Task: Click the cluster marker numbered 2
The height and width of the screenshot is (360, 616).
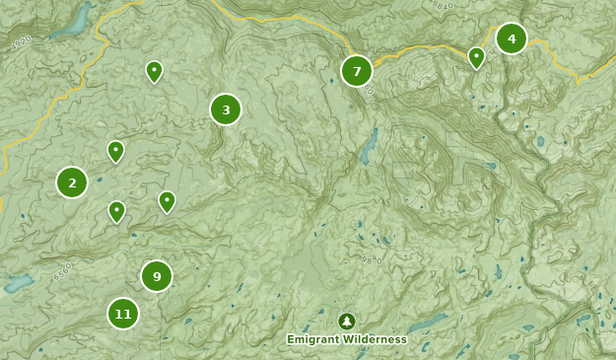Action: click(72, 182)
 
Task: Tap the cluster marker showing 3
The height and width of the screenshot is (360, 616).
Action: click(226, 109)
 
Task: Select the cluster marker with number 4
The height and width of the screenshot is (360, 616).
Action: click(512, 38)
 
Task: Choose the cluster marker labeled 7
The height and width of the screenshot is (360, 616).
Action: click(357, 71)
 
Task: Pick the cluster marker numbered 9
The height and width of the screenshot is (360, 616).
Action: click(157, 277)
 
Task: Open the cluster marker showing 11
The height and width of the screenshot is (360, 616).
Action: click(123, 315)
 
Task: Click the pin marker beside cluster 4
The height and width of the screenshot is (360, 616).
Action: click(477, 57)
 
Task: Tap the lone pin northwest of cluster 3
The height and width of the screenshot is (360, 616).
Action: click(154, 71)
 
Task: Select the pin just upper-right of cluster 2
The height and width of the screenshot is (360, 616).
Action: click(116, 151)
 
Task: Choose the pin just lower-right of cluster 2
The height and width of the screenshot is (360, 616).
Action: click(117, 211)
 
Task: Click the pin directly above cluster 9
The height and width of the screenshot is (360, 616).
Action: click(168, 201)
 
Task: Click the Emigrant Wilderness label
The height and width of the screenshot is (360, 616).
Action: click(347, 339)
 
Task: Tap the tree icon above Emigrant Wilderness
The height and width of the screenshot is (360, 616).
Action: click(347, 322)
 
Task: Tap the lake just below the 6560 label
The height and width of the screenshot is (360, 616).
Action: click(18, 285)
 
